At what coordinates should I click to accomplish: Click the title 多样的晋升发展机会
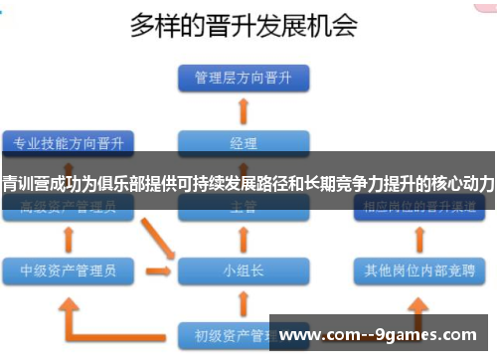[245, 27]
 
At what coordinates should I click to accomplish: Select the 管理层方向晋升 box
[243, 77]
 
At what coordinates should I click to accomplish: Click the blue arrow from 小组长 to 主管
[243, 239]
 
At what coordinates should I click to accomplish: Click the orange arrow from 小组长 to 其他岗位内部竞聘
[327, 269]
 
